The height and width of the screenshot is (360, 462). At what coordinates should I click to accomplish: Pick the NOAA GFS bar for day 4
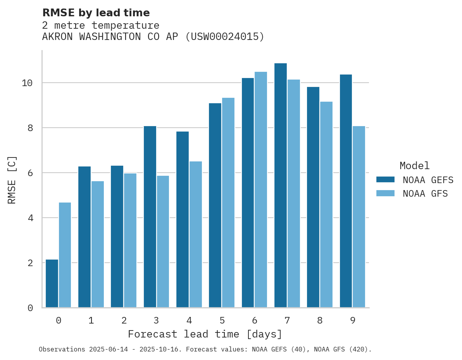point(196,234)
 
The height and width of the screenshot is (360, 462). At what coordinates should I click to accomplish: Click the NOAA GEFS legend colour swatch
point(385,180)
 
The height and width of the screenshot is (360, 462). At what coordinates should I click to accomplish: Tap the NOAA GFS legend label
point(425,194)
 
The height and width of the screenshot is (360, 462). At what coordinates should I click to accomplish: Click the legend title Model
point(415,166)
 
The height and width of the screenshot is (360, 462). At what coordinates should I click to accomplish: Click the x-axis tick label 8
point(320,321)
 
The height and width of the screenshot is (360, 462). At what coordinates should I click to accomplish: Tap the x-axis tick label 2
point(124,321)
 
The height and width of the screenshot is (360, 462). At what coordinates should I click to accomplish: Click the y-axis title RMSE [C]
point(12,180)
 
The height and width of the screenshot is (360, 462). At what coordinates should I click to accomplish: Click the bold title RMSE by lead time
point(96,13)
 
